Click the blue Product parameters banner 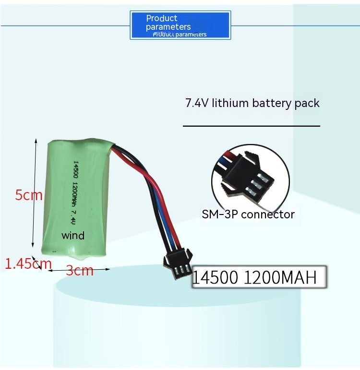[180, 25]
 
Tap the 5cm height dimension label [29, 195]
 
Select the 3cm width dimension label [80, 271]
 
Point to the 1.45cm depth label [28, 263]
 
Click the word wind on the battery [73, 236]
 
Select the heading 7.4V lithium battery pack [252, 103]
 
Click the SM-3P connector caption [248, 214]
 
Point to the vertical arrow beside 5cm [35, 192]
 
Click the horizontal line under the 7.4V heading [252, 126]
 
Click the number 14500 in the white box [216, 278]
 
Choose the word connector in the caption [267, 214]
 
